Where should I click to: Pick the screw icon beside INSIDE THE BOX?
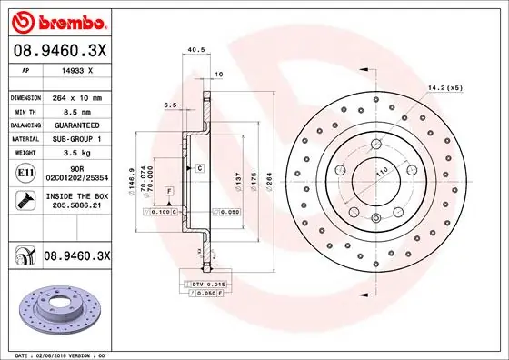[x=24, y=199]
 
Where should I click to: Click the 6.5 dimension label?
[x=170, y=105]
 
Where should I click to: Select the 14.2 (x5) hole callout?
[x=445, y=88]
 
